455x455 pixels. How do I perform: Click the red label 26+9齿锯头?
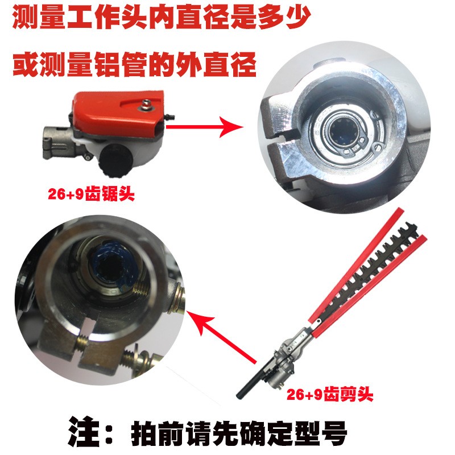tap(91, 194)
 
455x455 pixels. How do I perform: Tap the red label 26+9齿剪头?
tap(330, 394)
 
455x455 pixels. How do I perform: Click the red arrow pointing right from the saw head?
tap(205, 126)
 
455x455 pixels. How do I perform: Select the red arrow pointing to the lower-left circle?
tap(222, 336)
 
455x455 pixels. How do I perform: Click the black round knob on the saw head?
tap(117, 160)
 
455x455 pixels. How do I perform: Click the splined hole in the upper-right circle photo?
tap(342, 132)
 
